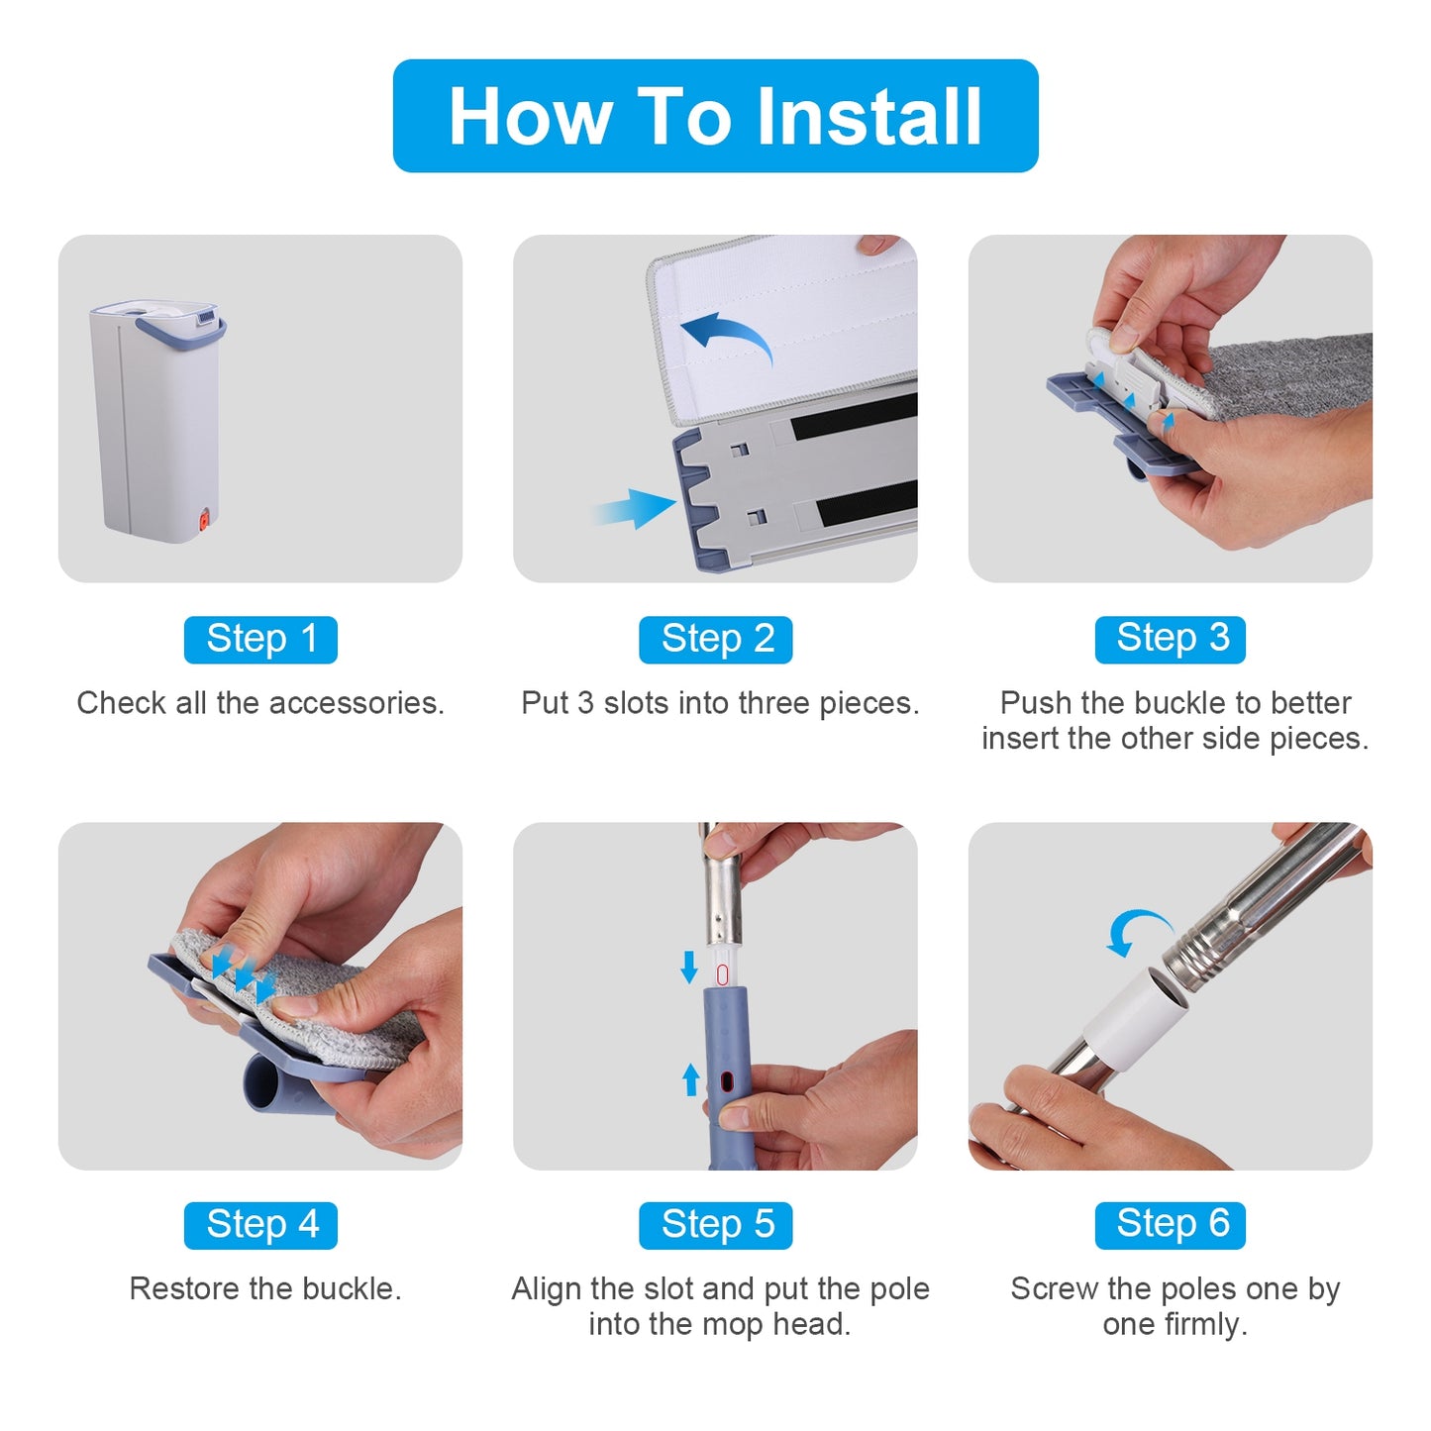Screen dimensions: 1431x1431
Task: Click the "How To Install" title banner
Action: tap(715, 116)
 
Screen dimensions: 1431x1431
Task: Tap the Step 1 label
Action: tap(260, 640)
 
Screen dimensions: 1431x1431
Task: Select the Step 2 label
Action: tap(716, 640)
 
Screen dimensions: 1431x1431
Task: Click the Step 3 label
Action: tap(1171, 640)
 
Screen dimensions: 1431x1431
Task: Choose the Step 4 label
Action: tap(260, 1225)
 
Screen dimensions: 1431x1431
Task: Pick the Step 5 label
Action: tap(716, 1225)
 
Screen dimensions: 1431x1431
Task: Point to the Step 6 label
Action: tap(1171, 1225)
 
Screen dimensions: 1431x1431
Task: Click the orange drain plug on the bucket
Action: tap(201, 521)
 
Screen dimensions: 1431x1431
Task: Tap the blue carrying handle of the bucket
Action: tap(180, 334)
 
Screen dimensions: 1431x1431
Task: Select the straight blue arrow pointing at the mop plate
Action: tap(635, 508)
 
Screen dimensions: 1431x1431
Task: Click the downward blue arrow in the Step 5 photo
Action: tap(689, 967)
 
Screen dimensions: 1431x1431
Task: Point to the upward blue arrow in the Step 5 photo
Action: tap(691, 1079)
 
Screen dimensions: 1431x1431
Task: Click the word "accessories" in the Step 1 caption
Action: tap(357, 703)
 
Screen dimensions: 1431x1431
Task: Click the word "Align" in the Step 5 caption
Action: tap(547, 1289)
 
